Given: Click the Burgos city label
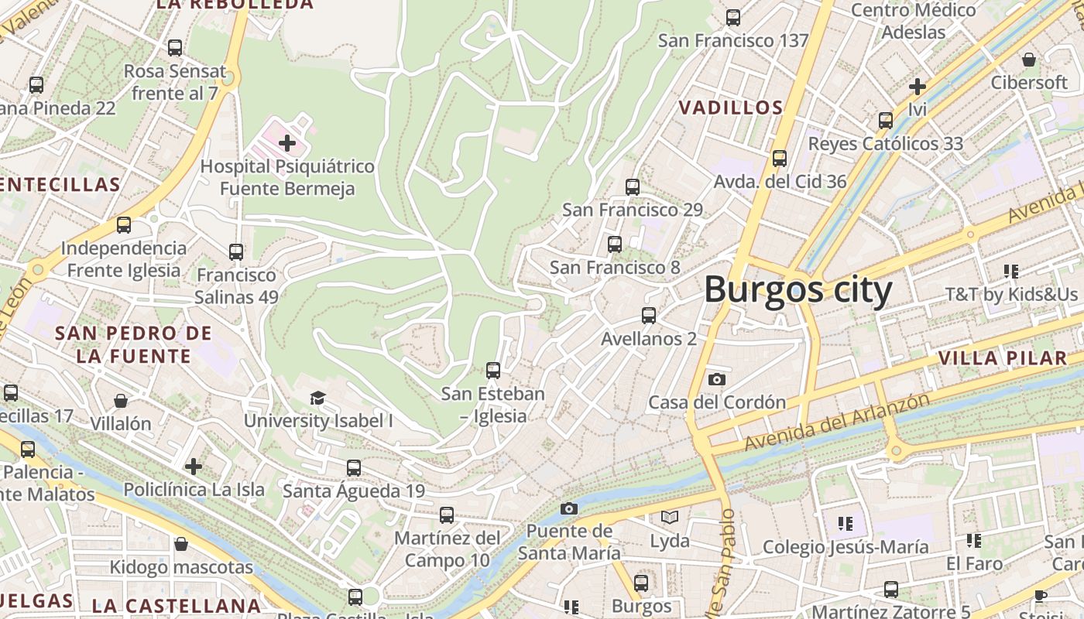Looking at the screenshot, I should coord(798,290).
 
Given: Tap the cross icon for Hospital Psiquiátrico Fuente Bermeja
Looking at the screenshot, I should coord(286,142).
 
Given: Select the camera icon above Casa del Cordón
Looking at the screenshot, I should coord(717,379).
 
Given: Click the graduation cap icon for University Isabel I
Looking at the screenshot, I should coord(317,398).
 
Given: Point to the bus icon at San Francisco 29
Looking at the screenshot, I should coord(633,186).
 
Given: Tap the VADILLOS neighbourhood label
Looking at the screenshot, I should coord(731,108).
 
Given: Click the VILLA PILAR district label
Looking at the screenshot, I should coord(1003,358).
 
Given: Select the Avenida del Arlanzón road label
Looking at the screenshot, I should coord(836,422).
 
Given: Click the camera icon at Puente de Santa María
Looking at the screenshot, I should coord(569,508).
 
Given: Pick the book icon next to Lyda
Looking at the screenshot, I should coord(670,517).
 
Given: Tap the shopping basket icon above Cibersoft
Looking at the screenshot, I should coord(1029,60).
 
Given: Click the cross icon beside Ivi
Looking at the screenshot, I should coord(918,86).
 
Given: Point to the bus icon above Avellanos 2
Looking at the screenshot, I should coord(649,316).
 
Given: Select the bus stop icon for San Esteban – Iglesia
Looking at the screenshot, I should coord(493,370).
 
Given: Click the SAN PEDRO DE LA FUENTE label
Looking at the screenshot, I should coord(133,345).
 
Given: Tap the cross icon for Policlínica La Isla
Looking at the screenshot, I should coord(194,467).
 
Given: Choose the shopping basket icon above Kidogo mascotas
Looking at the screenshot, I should coord(181,544).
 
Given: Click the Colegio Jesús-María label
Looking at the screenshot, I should coord(846,547).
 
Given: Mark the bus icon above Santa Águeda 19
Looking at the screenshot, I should coord(354,467).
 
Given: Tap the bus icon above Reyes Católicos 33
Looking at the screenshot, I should coord(886,121).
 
